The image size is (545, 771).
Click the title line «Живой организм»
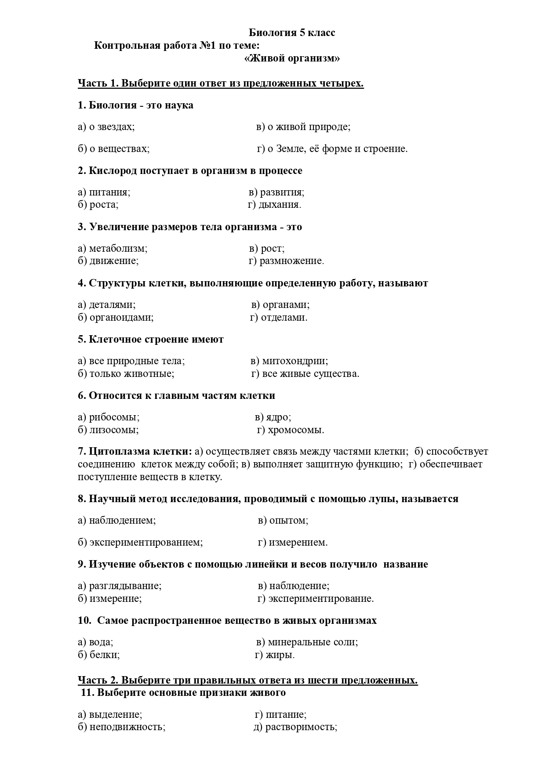point(292,58)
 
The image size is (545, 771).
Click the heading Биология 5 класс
point(292,33)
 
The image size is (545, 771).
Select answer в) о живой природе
point(303,127)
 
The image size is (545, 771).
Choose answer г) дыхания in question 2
point(275,205)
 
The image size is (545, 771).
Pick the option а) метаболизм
point(113,249)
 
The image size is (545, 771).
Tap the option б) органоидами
point(116,318)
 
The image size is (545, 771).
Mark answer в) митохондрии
point(289,361)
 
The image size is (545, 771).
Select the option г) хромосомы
point(291,430)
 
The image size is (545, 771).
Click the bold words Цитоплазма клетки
point(140,452)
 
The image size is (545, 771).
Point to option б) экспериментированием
point(140,543)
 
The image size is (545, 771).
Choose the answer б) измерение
point(110,599)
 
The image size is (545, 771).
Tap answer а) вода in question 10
point(95,642)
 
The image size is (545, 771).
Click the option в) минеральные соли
point(307,642)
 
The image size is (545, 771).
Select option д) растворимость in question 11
point(295,727)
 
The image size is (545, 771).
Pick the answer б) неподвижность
point(121,727)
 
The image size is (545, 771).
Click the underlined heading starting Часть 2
point(247,681)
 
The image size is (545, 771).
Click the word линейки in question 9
point(264,565)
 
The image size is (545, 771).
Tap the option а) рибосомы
point(109,417)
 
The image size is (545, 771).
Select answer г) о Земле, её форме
point(332,149)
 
